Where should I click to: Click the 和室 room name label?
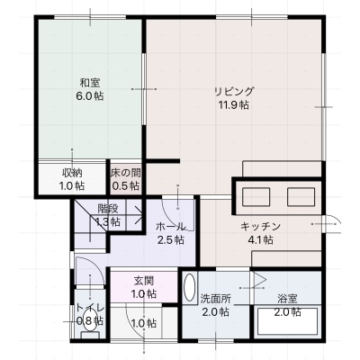point(90,82)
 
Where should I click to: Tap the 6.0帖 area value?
point(90,96)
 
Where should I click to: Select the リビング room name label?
point(234,91)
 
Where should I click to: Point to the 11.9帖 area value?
point(234,105)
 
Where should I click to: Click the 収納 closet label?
point(72,173)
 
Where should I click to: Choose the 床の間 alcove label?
point(126,173)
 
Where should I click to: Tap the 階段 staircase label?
point(108,208)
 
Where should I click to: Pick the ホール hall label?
point(170,226)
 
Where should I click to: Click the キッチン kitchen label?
point(260,226)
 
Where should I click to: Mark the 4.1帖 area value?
point(260,240)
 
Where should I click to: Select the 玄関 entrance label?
point(144,281)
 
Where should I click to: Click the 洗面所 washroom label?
point(216,299)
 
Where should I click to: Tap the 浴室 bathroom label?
point(287,299)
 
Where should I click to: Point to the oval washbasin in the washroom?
point(189,287)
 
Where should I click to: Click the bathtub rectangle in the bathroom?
point(287,321)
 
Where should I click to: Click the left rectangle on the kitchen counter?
point(256,197)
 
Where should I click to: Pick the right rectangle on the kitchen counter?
point(301,197)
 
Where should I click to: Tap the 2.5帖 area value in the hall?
point(170,240)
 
